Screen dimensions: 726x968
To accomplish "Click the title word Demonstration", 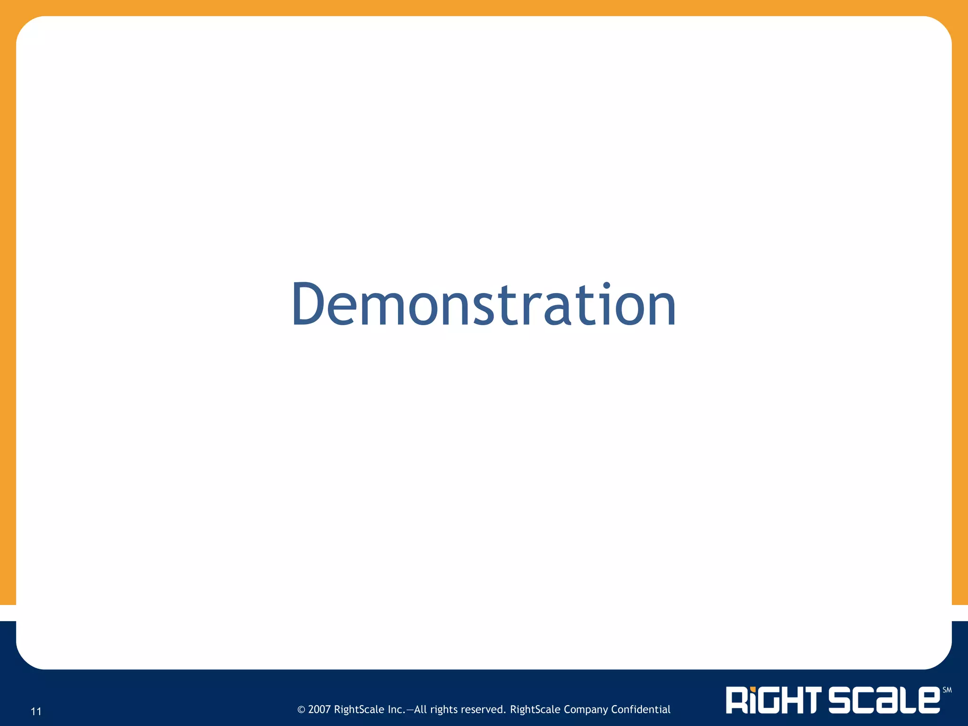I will [x=484, y=304].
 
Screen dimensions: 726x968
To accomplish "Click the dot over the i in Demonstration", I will [x=606, y=286].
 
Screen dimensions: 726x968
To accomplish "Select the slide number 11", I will [x=36, y=711].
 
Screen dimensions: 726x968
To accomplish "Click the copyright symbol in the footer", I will [x=301, y=709].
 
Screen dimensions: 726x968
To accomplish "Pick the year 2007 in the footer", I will [x=319, y=709].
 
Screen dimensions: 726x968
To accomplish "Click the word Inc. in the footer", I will [x=396, y=709].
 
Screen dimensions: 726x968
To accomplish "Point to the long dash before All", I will [x=410, y=710].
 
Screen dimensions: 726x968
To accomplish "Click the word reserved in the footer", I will [x=485, y=709].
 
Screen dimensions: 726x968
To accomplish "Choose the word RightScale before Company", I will [x=535, y=710].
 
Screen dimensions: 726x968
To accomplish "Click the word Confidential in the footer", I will [x=640, y=709].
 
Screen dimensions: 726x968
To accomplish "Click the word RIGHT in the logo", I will [x=775, y=700].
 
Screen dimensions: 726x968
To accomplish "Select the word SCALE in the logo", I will [x=884, y=700].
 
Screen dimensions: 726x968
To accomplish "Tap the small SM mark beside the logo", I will [x=947, y=690].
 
